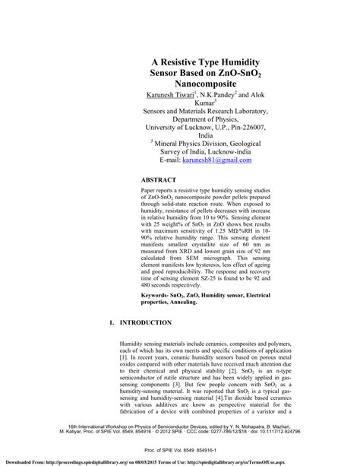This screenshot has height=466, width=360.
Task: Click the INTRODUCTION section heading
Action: (x=154, y=322)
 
